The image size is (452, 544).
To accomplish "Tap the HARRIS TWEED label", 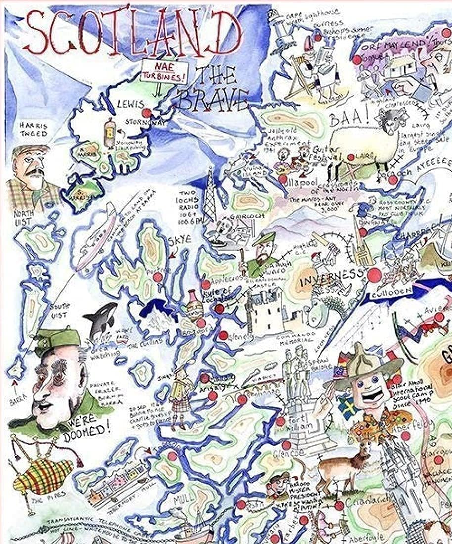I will pyautogui.click(x=34, y=130).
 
